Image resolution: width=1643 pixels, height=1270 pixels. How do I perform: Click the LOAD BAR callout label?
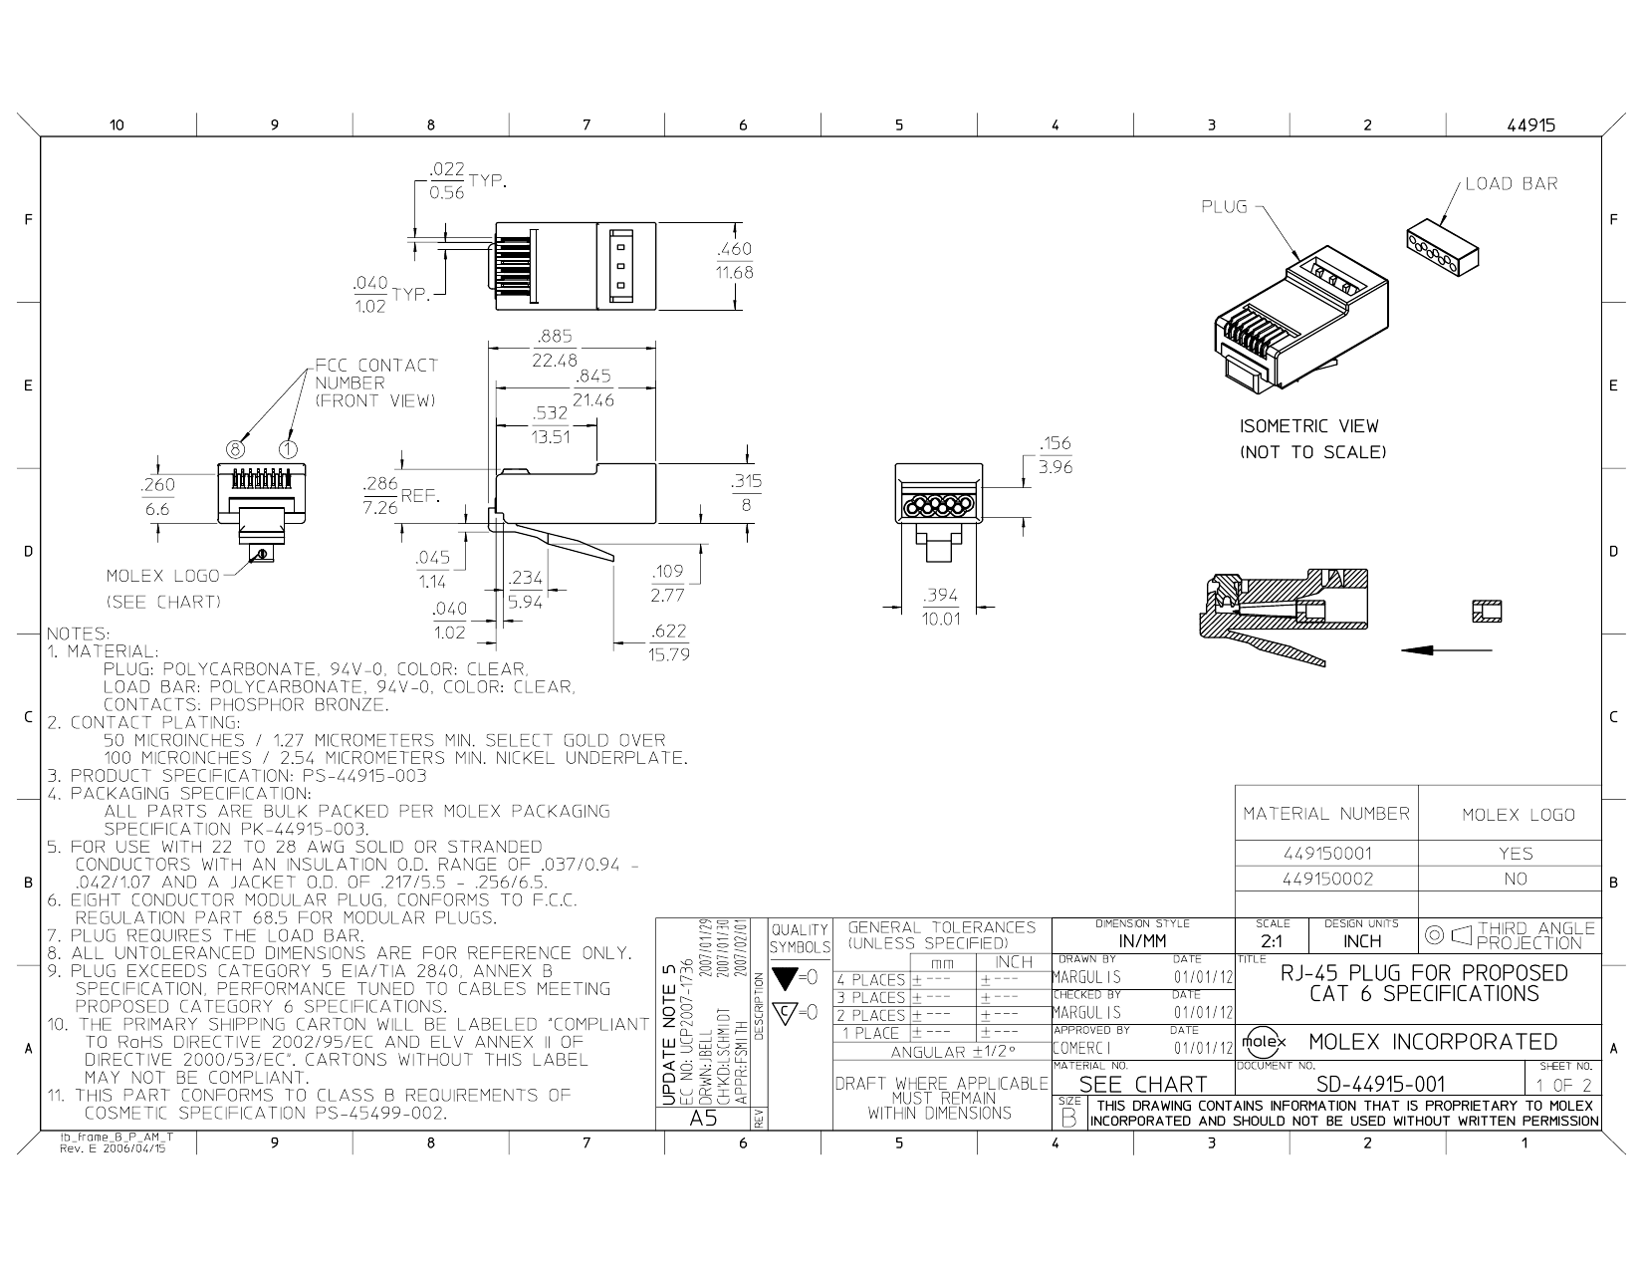(1511, 183)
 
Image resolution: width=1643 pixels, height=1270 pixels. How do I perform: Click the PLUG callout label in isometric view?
(1224, 206)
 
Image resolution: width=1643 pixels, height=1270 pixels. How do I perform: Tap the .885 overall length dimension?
(554, 337)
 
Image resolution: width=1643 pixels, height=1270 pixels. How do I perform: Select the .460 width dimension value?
(735, 249)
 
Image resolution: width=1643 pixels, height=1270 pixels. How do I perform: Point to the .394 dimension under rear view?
(941, 596)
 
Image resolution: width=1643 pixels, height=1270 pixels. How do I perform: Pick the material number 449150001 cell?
(1326, 854)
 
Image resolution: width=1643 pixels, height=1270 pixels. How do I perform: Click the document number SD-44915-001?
(1380, 1084)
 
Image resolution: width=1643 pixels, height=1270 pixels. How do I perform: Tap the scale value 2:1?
(1272, 941)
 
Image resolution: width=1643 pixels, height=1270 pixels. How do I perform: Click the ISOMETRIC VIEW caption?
(1308, 426)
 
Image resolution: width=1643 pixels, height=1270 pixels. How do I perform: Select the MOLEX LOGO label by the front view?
(162, 576)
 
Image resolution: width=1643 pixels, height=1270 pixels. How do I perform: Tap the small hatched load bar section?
(1487, 611)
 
